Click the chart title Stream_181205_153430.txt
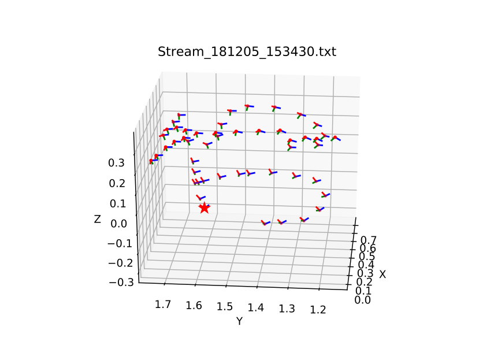247,52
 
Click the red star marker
204,207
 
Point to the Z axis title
98,219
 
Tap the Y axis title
239,321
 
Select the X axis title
382,274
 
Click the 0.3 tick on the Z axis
116,163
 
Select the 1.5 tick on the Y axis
225,306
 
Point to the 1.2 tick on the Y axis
317,310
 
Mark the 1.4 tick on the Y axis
255,307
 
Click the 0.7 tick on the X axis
368,239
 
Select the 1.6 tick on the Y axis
194,304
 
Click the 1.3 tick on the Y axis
286,309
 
